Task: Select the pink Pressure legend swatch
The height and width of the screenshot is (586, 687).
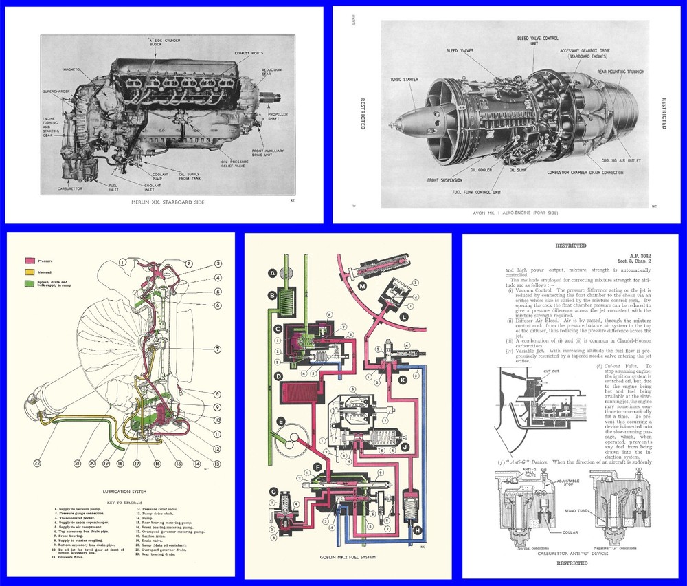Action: point(30,261)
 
